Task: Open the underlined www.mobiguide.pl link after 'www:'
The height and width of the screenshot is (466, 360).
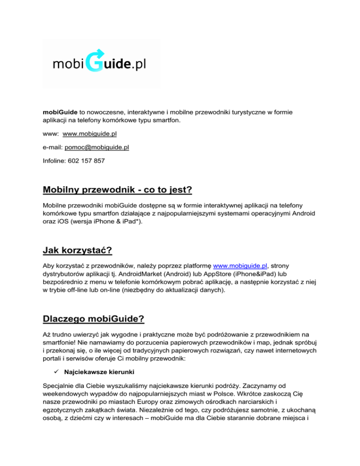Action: [90, 134]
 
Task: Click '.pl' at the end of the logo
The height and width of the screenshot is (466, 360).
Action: [138, 64]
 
